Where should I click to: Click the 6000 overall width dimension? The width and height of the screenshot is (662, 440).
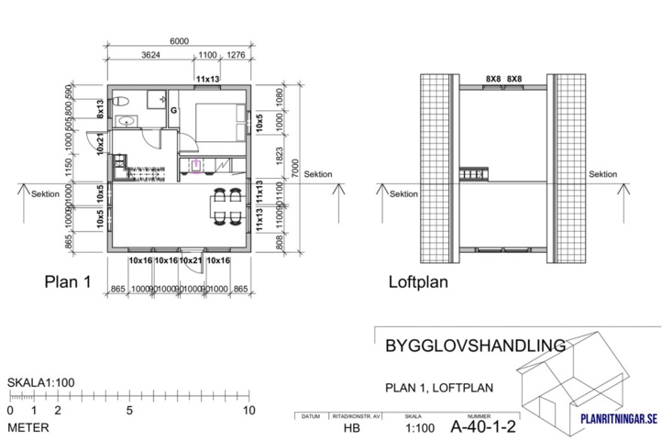179,40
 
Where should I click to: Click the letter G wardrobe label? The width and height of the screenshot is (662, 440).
172,110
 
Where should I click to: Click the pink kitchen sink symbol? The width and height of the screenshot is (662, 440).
195,166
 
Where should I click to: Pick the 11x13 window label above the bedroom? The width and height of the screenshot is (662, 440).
208,80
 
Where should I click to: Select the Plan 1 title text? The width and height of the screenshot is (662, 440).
68,283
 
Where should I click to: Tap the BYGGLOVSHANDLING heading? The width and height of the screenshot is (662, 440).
469,346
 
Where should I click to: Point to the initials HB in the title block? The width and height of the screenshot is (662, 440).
351,427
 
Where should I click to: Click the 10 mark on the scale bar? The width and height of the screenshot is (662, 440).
248,411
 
